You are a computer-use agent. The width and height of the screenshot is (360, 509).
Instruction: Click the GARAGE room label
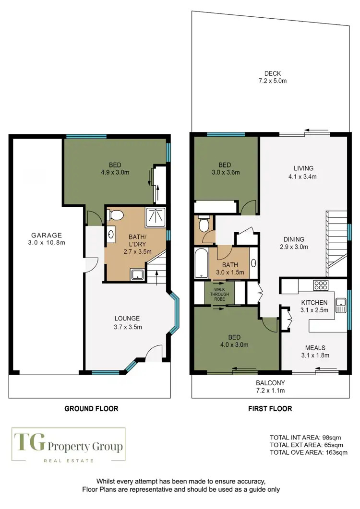tap(47, 238)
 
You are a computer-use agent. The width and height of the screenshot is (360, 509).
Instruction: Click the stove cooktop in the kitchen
tap(320, 285)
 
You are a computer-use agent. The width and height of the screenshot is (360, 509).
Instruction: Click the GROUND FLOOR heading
tap(91, 409)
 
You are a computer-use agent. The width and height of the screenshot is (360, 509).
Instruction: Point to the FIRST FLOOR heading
tap(269, 409)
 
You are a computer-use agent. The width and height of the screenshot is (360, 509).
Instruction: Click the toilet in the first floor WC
tap(203, 225)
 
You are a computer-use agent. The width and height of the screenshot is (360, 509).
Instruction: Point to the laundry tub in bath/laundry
tap(138, 274)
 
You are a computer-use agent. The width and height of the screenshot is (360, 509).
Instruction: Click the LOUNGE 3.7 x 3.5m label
tap(127, 322)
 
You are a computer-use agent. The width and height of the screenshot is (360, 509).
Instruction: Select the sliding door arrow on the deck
tap(316, 130)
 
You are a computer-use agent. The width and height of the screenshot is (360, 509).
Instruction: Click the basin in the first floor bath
tap(253, 263)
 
